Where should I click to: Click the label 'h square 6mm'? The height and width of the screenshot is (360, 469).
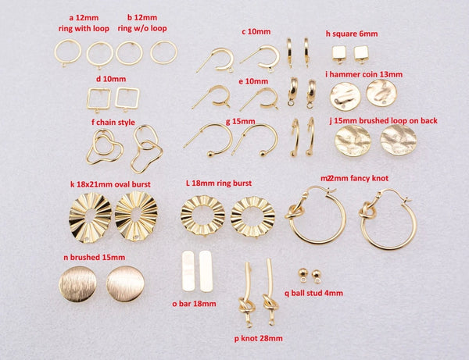[x=352, y=34]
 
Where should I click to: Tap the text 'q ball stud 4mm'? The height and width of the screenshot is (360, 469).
[x=313, y=293]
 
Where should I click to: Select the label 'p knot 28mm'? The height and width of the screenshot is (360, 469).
[x=259, y=338]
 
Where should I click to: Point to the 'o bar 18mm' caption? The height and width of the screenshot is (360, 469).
[x=194, y=304]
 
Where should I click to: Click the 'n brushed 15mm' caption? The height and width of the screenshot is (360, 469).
[x=95, y=257]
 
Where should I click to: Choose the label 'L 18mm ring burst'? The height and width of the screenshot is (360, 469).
[x=219, y=184]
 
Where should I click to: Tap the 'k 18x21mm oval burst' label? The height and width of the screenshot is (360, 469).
[x=110, y=184]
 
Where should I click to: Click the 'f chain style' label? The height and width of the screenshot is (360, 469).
[x=113, y=122]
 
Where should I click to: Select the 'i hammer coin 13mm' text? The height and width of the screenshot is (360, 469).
[x=363, y=74]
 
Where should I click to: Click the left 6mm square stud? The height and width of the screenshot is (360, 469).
[x=339, y=55]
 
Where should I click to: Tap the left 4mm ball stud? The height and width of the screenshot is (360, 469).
[x=303, y=275]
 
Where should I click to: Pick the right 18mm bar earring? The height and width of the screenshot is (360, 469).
[x=206, y=271]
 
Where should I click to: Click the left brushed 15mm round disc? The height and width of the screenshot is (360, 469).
[x=77, y=283]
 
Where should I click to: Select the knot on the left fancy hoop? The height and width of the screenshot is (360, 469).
[x=295, y=212]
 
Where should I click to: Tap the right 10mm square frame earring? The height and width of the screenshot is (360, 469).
[x=127, y=98]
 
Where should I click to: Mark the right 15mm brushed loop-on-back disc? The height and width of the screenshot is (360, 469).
[x=398, y=140]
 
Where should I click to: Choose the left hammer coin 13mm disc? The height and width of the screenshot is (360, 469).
[x=345, y=97]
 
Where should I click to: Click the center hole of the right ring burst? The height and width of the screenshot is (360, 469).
[x=252, y=216]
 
